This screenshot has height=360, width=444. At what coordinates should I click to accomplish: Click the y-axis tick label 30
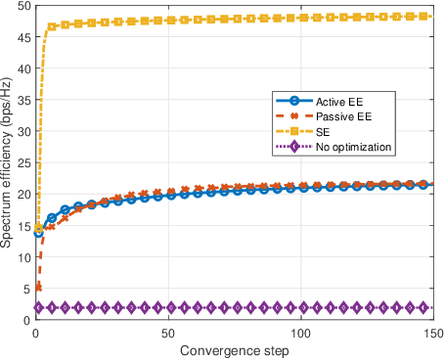tap(23, 131)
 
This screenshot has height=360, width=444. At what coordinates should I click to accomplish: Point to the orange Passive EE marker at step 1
tap(38, 288)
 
